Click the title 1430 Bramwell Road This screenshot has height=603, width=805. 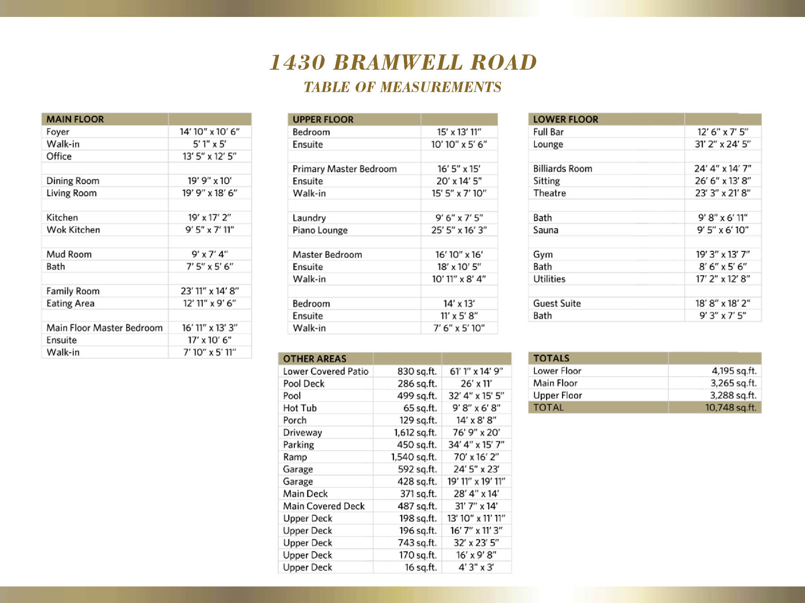click(x=402, y=63)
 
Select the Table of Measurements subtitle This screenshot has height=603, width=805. click(x=402, y=87)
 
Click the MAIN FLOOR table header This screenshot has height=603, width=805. click(x=75, y=119)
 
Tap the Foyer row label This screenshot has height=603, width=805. click(x=58, y=132)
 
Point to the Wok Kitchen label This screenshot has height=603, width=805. click(x=73, y=230)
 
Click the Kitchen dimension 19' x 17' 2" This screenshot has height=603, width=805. click(x=209, y=218)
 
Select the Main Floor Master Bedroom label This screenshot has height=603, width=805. click(x=104, y=328)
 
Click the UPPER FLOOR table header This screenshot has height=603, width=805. click(x=323, y=119)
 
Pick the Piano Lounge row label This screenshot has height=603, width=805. click(x=320, y=230)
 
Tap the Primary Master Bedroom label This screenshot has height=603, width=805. click(x=344, y=169)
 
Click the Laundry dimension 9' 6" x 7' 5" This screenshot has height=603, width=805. click(x=459, y=218)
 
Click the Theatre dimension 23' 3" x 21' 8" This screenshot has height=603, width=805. click(x=722, y=193)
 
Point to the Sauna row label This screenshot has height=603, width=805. click(x=545, y=230)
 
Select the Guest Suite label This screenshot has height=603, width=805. click(x=557, y=303)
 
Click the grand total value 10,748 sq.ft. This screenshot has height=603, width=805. click(x=731, y=407)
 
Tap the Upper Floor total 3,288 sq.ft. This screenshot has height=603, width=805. click(x=733, y=395)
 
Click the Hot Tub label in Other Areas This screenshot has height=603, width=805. click(x=300, y=408)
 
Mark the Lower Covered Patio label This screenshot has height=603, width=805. click(x=326, y=371)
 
